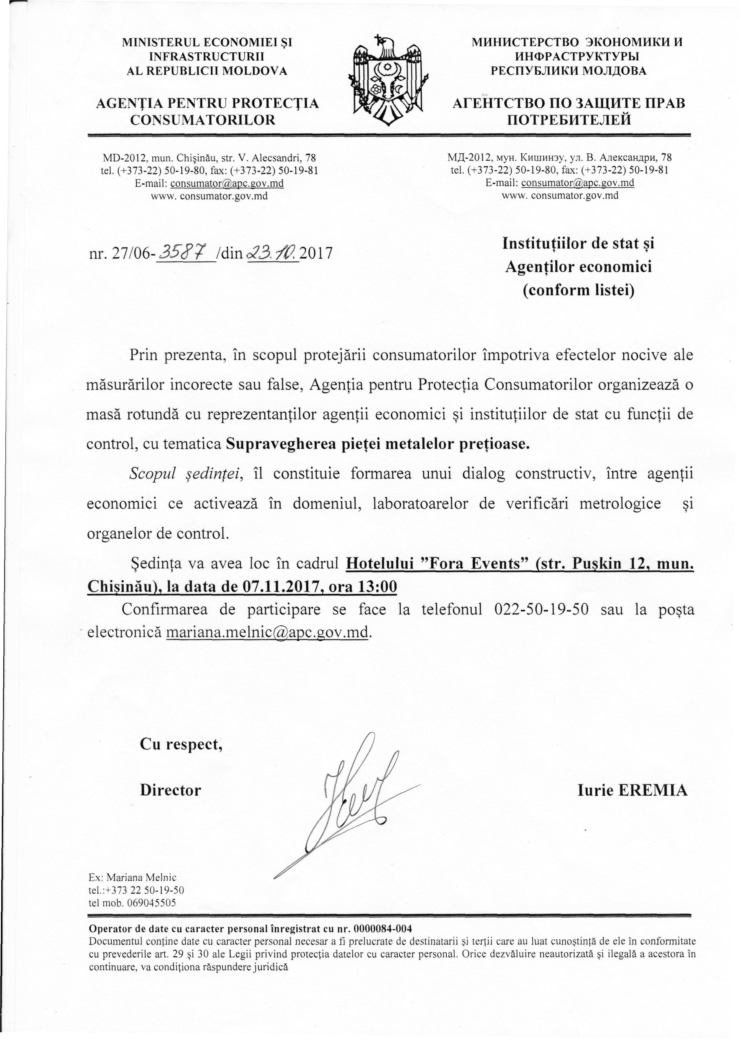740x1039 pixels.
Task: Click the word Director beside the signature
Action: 171,790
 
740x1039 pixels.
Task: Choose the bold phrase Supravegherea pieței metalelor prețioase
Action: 378,444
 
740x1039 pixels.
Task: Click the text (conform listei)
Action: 578,290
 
